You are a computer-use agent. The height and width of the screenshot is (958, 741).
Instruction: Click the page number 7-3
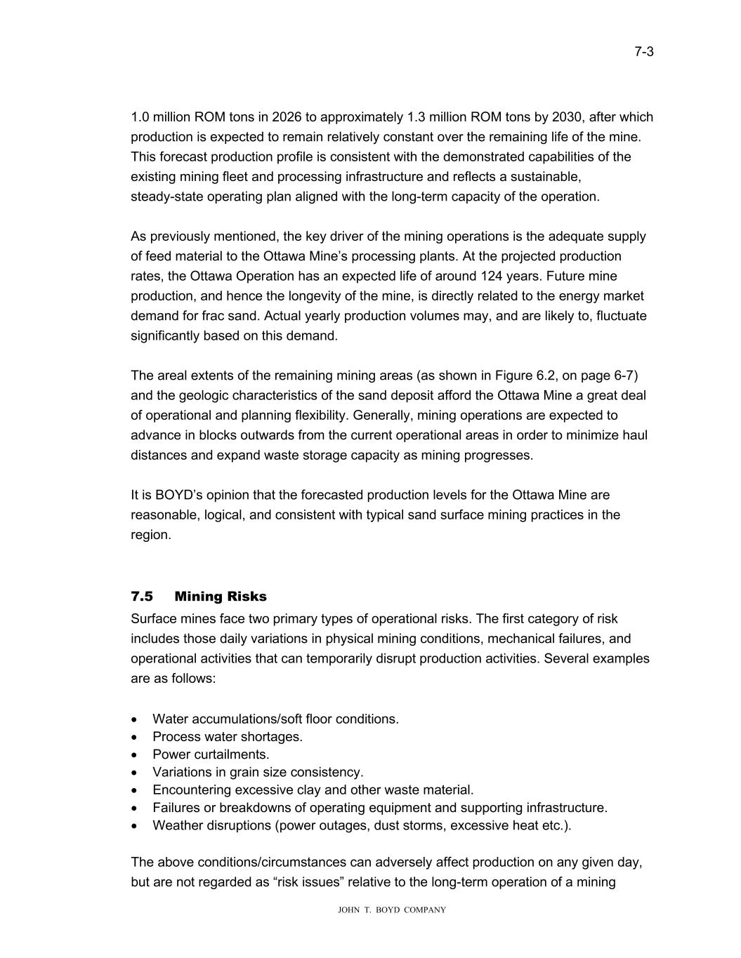pyautogui.click(x=644, y=51)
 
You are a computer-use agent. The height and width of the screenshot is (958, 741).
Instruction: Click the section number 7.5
pyautogui.click(x=142, y=597)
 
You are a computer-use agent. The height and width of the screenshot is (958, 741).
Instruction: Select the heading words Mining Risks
pyautogui.click(x=221, y=597)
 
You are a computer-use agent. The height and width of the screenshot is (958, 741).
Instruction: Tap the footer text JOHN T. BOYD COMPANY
pyautogui.click(x=392, y=910)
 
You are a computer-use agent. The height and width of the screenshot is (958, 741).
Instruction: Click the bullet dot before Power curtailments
pyautogui.click(x=135, y=755)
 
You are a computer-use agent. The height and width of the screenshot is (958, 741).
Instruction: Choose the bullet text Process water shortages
pyautogui.click(x=228, y=737)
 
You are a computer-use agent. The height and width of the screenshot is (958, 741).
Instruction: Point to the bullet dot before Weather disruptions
pyautogui.click(x=135, y=826)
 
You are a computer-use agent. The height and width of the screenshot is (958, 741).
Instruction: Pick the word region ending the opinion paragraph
pyautogui.click(x=150, y=535)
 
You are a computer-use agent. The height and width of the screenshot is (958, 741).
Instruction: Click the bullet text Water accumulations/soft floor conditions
pyautogui.click(x=275, y=719)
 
